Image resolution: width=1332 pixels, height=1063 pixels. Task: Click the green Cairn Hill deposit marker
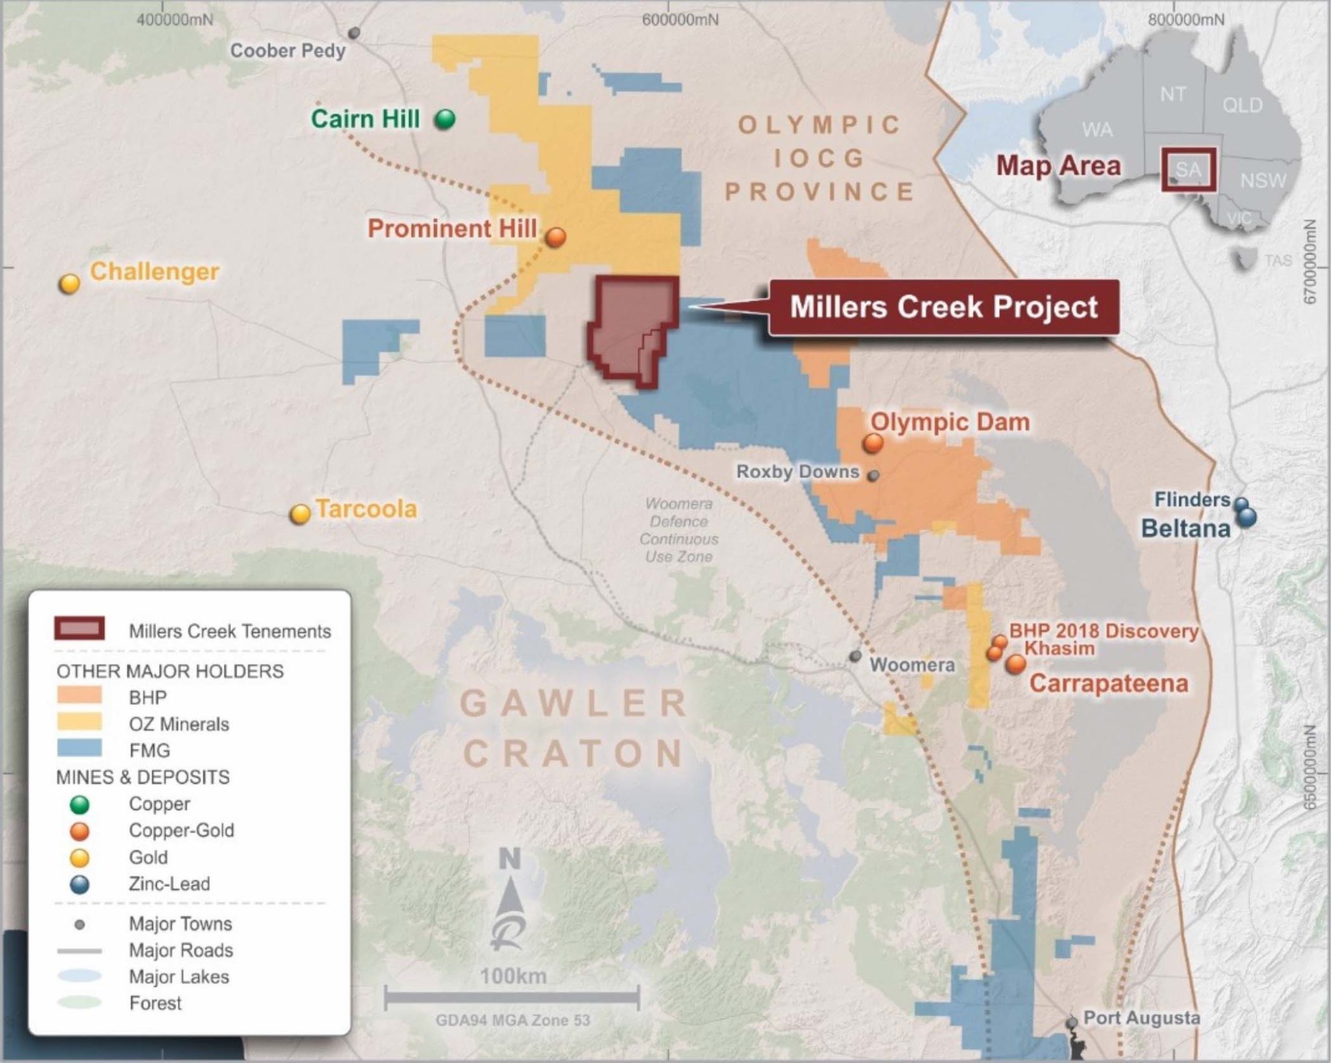tap(445, 119)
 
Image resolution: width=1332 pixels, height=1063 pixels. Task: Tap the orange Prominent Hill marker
tap(555, 237)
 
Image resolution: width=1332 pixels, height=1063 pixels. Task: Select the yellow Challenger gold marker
tap(70, 284)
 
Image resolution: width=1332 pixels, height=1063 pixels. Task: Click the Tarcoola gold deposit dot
tap(300, 515)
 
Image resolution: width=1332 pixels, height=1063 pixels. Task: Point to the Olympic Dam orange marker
tap(873, 444)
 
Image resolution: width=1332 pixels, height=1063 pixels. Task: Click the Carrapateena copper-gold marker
tap(1016, 664)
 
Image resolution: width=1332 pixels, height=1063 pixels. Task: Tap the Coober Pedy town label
tap(287, 51)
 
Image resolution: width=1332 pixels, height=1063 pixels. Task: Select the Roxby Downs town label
tap(797, 472)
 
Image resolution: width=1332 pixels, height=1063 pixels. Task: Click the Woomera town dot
tap(856, 656)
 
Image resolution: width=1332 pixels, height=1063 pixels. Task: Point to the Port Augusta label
tap(1141, 1017)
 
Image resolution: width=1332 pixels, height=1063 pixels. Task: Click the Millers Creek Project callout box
tap(944, 307)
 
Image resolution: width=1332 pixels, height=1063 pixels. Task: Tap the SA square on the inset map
tap(1188, 170)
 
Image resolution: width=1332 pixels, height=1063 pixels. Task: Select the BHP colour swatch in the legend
tap(79, 696)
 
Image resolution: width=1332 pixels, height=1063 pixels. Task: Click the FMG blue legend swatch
tap(79, 748)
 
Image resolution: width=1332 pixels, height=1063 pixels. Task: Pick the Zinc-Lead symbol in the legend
tap(79, 884)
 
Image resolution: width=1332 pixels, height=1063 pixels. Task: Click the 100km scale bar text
tap(513, 976)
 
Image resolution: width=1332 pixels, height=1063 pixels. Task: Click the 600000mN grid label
tap(680, 20)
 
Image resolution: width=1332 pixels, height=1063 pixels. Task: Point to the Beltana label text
tap(1186, 528)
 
